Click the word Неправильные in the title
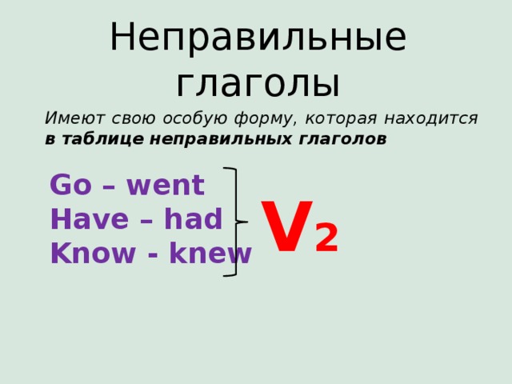pos(257,38)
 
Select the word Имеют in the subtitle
pos(70,118)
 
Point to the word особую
pos(196,118)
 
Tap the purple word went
pos(165,186)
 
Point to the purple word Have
pos(85,219)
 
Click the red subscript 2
pos(326,238)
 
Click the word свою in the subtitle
pos(130,118)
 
